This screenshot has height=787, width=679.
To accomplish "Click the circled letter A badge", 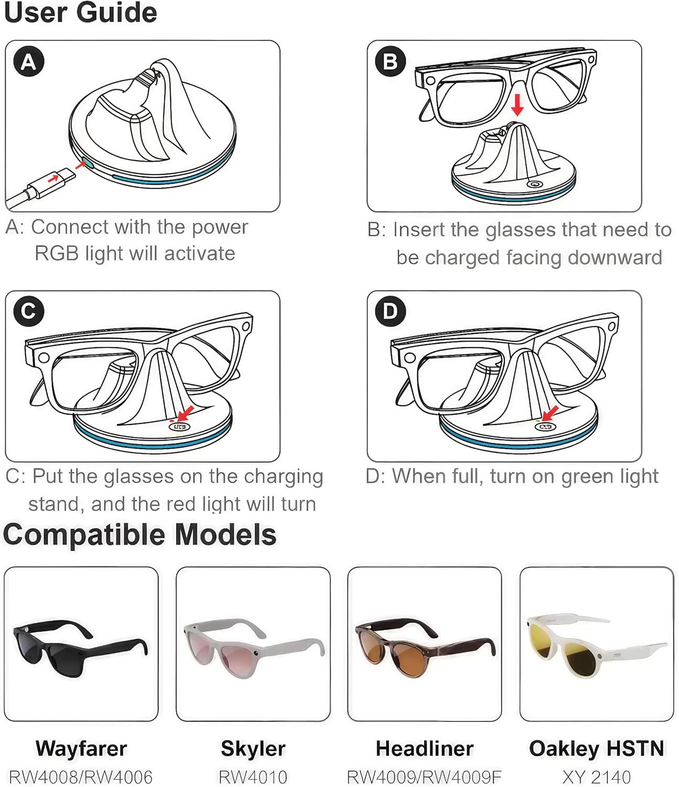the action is pos(29,61).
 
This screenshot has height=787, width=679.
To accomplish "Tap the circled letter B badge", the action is pos(390,61).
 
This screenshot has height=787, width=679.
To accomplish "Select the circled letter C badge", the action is pos(29,311).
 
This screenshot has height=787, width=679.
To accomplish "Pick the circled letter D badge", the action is pos(390,311).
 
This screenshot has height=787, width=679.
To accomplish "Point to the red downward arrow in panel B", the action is pos(517,105).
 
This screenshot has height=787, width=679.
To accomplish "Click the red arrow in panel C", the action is pos(186,413).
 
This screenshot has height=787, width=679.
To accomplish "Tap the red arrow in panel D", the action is pos(550,413).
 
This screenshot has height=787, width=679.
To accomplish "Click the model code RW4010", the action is pos(253,777).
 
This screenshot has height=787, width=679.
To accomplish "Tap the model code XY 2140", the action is pos(597,777).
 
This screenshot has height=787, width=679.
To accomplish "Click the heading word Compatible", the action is pos(84,535).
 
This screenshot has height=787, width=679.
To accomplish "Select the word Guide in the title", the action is pos(117,12).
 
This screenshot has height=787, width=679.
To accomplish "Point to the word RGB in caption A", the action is pos(57,253).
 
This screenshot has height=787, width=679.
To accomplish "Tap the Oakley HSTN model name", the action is pos(597,748).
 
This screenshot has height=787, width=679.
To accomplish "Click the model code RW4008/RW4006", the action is pos(81,777).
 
